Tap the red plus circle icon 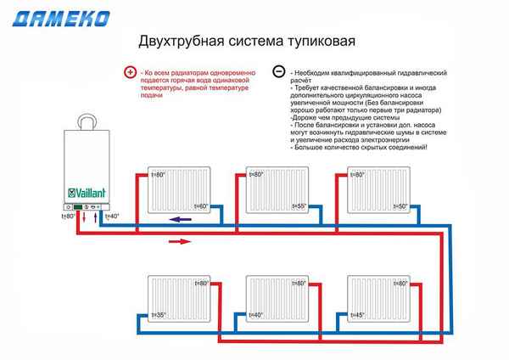coord(130,73)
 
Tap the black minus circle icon coord(278,73)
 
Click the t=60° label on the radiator coord(201,206)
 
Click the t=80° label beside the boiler coord(69,217)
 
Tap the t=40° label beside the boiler coord(111,217)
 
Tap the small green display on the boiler coord(77,206)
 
